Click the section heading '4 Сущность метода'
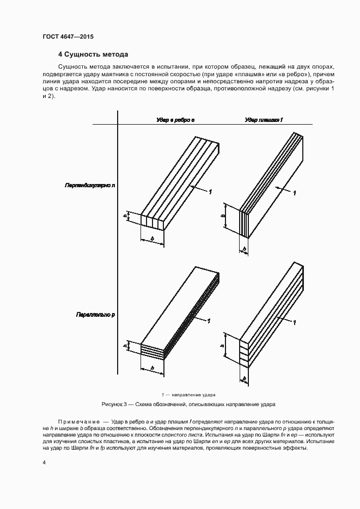(93, 54)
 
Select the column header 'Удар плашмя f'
(264, 120)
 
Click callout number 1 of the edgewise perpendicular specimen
(211, 191)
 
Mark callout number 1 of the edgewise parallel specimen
(209, 321)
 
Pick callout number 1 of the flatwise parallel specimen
(295, 323)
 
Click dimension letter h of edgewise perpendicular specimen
(125, 216)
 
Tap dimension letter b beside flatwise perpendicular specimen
(223, 217)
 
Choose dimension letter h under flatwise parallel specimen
(245, 377)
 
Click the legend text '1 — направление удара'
(189, 394)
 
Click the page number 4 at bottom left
(44, 463)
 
